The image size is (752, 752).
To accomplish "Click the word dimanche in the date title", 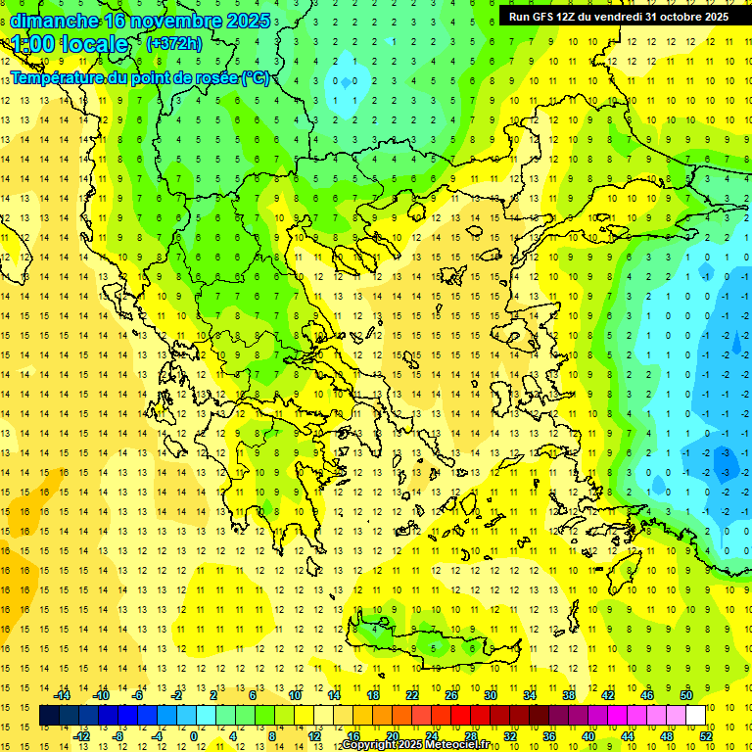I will [x=53, y=20].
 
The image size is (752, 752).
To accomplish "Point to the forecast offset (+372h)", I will [x=174, y=44].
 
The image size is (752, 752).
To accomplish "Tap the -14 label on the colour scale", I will [x=62, y=695].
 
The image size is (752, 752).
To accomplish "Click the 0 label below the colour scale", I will [x=194, y=736].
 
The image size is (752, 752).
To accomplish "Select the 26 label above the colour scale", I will [x=451, y=695].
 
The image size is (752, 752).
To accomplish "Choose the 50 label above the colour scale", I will [x=686, y=695].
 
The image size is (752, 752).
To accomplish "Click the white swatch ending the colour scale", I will [x=695, y=716].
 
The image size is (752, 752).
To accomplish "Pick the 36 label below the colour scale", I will [x=549, y=736].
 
